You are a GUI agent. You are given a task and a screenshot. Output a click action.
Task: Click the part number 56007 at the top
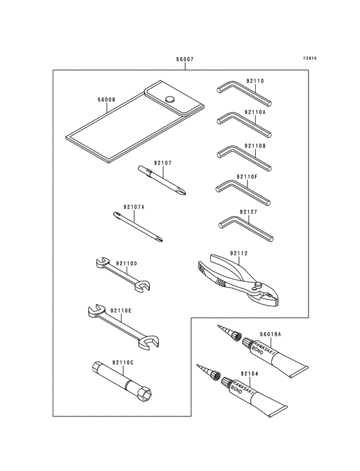184,59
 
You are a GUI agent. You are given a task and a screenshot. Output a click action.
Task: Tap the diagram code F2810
310,59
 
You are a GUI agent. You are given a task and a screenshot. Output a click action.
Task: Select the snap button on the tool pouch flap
170,99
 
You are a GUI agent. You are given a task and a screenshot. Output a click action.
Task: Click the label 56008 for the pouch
106,100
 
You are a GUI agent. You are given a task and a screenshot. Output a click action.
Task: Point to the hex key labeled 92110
244,95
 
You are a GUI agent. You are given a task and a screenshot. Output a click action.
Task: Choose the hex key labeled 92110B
244,158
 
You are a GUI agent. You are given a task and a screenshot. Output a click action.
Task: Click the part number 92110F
247,176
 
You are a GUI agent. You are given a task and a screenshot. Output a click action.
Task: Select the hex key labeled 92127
246,229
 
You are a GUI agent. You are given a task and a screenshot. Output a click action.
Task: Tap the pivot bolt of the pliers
256,284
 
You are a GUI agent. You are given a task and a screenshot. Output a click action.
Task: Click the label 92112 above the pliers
239,254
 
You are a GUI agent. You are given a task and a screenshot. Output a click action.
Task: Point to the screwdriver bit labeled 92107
162,180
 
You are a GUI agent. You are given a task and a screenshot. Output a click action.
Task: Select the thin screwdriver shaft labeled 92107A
138,226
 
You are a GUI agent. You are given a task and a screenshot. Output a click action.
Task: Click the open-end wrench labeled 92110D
122,275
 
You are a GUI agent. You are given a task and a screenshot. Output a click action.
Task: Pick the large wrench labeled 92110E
123,327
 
